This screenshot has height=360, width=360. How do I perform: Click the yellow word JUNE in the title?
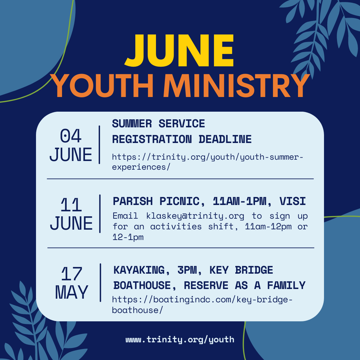click(179, 51)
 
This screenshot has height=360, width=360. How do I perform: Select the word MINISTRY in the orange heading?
click(237, 86)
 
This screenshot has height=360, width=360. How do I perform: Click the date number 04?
click(71, 136)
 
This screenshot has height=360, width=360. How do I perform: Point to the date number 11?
click(71, 205)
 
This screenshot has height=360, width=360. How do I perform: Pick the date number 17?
click(72, 274)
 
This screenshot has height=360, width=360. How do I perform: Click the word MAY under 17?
click(72, 292)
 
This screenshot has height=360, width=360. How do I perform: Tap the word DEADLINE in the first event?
click(225, 139)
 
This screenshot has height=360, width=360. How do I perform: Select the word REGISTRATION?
click(152, 139)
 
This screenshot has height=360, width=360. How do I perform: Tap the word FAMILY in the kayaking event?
click(286, 285)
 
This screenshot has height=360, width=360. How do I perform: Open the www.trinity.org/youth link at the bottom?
click(180, 340)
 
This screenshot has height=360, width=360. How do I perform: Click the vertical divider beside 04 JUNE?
click(99, 145)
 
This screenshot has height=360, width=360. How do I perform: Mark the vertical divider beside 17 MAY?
click(100, 282)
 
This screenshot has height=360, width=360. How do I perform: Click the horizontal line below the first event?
click(180, 179)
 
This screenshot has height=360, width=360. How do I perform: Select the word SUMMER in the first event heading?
click(132, 124)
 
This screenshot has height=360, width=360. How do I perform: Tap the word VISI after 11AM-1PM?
click(293, 201)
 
